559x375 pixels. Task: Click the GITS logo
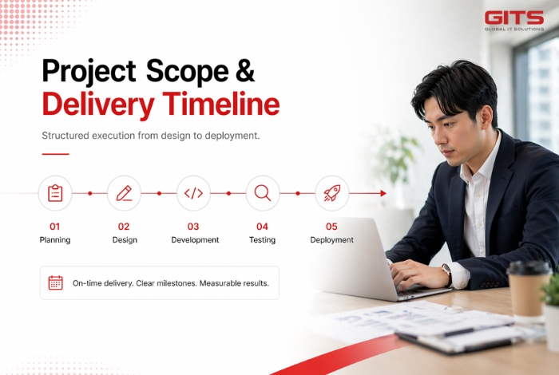pos(515,20)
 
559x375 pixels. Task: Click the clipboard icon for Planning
pos(55,193)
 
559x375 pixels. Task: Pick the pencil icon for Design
pos(124,193)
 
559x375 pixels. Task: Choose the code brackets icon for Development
pos(193,193)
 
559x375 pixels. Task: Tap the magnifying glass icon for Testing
pos(263,193)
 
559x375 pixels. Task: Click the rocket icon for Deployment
pos(331,193)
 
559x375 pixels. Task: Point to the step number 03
pos(193,226)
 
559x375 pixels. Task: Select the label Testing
pos(262,240)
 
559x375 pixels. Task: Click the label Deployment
pos(331,240)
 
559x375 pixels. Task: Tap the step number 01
pos(55,226)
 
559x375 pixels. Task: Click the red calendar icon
pos(55,282)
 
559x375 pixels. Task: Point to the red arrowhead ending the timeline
pos(383,193)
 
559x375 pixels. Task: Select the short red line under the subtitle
pos(55,153)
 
